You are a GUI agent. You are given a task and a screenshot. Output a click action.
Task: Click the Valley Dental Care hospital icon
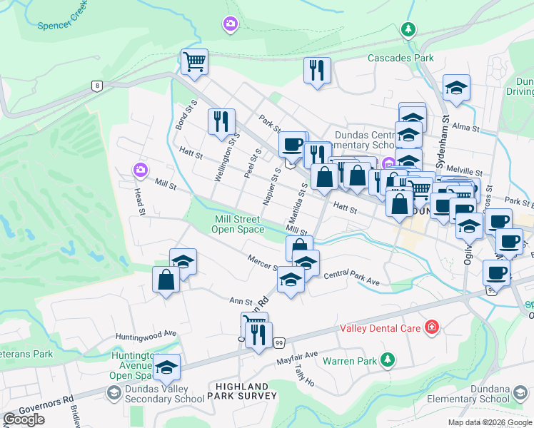click(x=431, y=328)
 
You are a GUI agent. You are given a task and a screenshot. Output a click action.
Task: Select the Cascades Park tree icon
click(x=408, y=30)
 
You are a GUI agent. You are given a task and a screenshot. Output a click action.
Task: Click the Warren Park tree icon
click(x=387, y=360)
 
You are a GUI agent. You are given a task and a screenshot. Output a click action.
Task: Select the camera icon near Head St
click(x=140, y=170)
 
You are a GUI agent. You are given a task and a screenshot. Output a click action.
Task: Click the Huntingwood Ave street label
click(x=146, y=334)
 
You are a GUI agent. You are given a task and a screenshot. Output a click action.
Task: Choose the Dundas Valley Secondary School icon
click(x=113, y=392)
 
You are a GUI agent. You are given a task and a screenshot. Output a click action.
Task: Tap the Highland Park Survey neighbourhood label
click(x=242, y=390)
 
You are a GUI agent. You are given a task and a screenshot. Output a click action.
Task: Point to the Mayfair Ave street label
click(x=297, y=355)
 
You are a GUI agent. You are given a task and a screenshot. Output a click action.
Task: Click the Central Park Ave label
click(x=351, y=277)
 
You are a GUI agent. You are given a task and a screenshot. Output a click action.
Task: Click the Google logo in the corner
click(x=24, y=419)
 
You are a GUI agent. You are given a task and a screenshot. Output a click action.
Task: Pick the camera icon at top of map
click(x=230, y=25)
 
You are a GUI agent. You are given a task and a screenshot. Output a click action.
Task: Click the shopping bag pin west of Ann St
click(x=166, y=280)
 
